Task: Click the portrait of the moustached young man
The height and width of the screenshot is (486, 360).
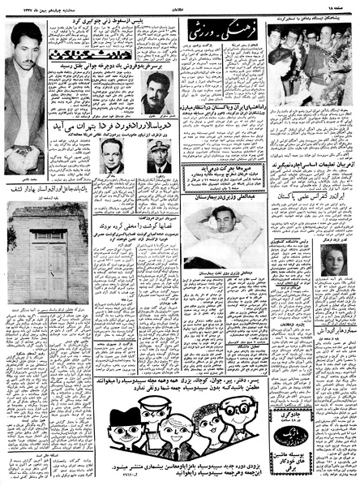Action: click(154, 106)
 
